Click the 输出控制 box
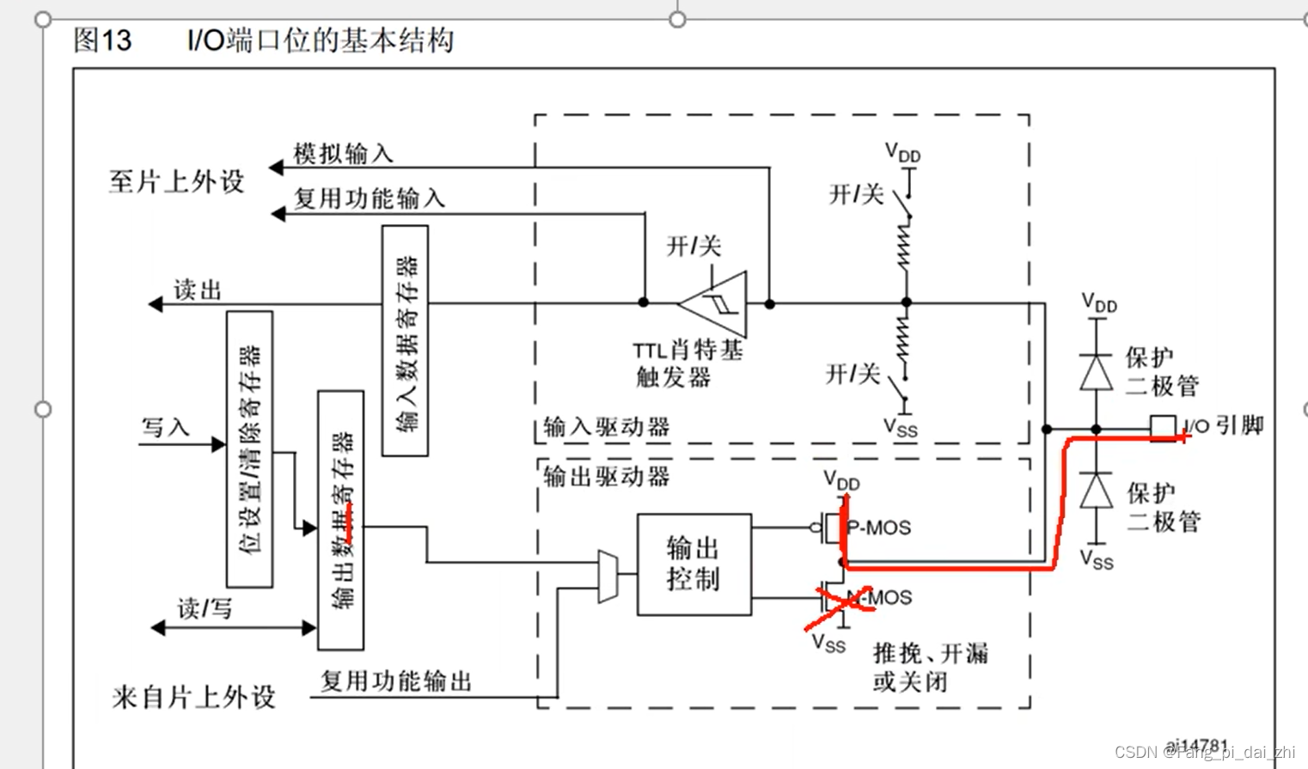click(694, 565)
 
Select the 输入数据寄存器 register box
click(405, 340)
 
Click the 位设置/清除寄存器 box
click(249, 449)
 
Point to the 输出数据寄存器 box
click(340, 520)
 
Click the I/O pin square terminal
click(1163, 427)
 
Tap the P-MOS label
click(879, 528)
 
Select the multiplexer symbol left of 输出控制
click(608, 577)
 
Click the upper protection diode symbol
click(1096, 372)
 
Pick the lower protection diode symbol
click(1096, 491)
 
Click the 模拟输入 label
click(343, 154)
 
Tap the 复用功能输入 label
click(370, 198)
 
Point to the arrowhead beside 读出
click(156, 303)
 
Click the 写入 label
click(165, 427)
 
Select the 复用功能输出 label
click(396, 681)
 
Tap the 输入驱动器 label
click(607, 427)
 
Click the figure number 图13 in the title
click(102, 40)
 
